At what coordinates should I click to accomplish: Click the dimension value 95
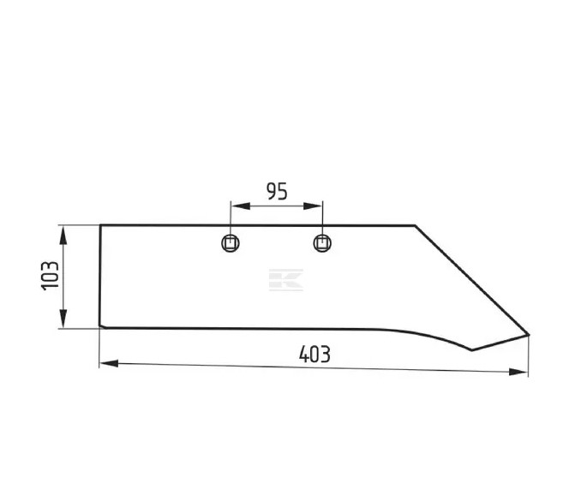[276, 191]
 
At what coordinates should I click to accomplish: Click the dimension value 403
[314, 353]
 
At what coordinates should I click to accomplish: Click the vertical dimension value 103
[50, 276]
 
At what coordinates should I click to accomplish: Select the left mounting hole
[230, 242]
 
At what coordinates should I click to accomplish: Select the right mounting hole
[322, 242]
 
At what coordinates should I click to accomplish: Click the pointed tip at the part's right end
[528, 335]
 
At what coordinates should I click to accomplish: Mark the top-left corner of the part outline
[100, 225]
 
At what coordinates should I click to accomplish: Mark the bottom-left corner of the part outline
[100, 326]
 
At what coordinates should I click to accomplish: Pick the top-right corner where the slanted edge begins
[415, 225]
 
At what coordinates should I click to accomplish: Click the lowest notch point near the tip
[471, 349]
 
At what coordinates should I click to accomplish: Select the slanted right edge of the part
[471, 280]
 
